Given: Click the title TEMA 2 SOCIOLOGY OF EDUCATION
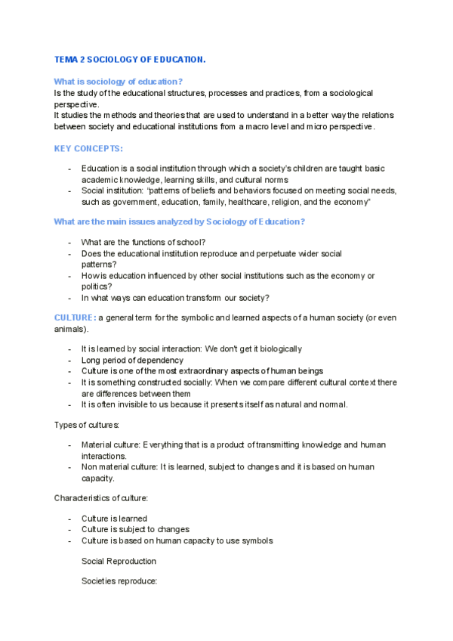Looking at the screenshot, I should [x=130, y=59].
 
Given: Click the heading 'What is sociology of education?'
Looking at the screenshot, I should [x=119, y=81].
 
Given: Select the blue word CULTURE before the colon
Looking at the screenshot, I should [x=73, y=317].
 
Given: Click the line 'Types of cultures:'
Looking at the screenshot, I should [x=87, y=425].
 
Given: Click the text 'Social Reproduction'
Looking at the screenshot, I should [x=119, y=562].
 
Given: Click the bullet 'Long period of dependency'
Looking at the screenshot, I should [x=132, y=361].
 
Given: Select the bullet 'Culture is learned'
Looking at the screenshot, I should [x=114, y=519].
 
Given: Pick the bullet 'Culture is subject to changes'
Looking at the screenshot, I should [x=135, y=530].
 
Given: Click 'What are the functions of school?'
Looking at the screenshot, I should [x=143, y=242].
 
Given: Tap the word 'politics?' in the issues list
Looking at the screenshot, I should [x=97, y=286].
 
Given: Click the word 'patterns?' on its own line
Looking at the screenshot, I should [x=99, y=265].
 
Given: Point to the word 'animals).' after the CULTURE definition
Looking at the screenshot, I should [x=71, y=330].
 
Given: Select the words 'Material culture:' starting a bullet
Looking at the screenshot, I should [x=110, y=445].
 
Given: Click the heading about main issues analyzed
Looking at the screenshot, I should [x=179, y=221].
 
